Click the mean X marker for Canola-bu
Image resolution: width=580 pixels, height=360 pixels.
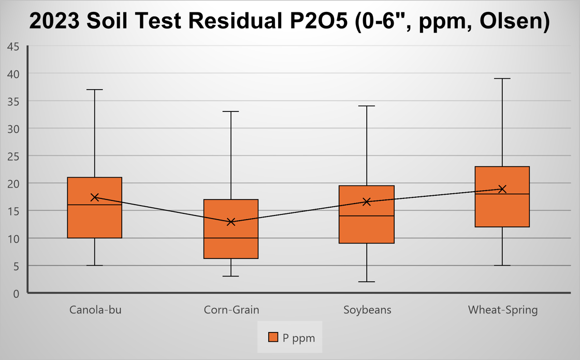[95, 197]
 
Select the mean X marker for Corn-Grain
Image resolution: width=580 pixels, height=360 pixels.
[231, 222]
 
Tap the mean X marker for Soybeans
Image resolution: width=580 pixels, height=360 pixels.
[367, 201]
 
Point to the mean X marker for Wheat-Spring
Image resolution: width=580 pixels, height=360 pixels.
[502, 189]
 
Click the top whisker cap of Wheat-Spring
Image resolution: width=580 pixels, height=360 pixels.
[502, 79]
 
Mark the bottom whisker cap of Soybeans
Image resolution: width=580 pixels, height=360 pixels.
[367, 282]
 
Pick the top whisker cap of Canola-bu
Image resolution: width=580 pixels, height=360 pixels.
[95, 90]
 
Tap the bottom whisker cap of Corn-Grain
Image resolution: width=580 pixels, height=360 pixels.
[231, 276]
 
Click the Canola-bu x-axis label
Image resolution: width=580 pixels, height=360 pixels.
[95, 310]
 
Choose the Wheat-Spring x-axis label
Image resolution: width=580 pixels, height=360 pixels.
[503, 310]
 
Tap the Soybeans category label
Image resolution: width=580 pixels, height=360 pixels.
[367, 310]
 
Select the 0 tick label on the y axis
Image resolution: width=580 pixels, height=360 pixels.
[16, 294]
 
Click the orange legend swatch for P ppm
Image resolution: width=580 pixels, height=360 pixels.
[273, 338]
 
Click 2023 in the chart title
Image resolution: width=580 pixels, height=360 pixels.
[54, 22]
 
